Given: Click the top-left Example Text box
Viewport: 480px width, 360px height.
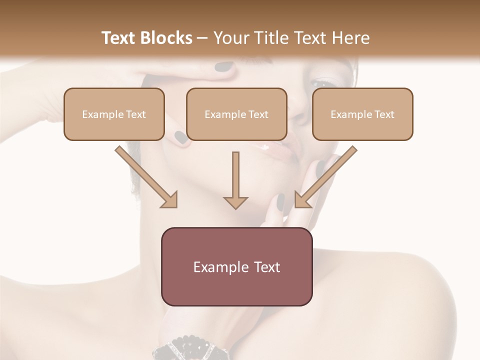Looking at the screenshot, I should (x=114, y=114).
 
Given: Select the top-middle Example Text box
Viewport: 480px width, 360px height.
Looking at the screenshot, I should (x=236, y=114).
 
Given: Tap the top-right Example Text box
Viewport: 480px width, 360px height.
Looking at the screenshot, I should (x=362, y=114).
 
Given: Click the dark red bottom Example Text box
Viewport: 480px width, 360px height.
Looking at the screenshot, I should (x=236, y=266).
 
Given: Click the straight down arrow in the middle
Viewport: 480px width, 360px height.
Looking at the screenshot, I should (x=235, y=180).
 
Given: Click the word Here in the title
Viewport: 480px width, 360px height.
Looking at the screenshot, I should (x=351, y=38).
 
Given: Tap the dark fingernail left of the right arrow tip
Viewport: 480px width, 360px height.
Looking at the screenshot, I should (x=281, y=201).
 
